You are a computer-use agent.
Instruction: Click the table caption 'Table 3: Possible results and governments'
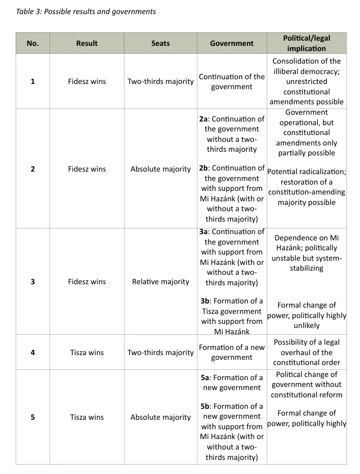pyautogui.click(x=86, y=11)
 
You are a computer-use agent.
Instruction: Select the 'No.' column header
pyautogui.click(x=33, y=43)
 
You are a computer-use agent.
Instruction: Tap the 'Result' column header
pyautogui.click(x=86, y=43)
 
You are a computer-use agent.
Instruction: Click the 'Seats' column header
pyautogui.click(x=160, y=43)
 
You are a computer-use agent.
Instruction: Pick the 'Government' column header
pyautogui.click(x=232, y=43)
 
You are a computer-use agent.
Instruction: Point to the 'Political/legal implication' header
pyautogui.click(x=306, y=43)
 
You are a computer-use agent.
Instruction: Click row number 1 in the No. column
pyautogui.click(x=33, y=81)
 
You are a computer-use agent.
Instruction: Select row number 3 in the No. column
pyautogui.click(x=33, y=282)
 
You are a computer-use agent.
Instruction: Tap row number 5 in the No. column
pyautogui.click(x=33, y=417)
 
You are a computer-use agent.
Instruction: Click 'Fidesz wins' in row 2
pyautogui.click(x=86, y=169)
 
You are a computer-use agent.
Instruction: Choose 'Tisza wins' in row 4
pyautogui.click(x=86, y=353)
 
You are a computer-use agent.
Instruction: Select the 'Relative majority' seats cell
pyautogui.click(x=160, y=282)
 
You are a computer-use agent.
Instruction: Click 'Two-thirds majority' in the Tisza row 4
pyautogui.click(x=160, y=353)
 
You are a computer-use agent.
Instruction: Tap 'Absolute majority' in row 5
pyautogui.click(x=160, y=417)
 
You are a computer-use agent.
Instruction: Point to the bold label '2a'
pyautogui.click(x=204, y=119)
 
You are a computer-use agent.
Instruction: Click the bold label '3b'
pyautogui.click(x=205, y=301)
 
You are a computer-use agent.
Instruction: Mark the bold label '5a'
pyautogui.click(x=205, y=378)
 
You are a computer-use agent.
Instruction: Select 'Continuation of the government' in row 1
pyautogui.click(x=232, y=81)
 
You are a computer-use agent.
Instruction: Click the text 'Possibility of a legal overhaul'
pyautogui.click(x=306, y=347)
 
